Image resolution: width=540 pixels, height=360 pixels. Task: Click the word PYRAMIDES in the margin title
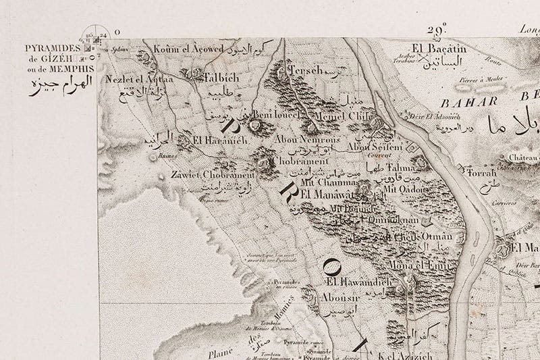coord(52,49)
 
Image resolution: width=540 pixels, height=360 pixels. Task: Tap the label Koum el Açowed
coord(180,49)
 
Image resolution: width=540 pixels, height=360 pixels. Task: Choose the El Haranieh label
coord(211,140)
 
